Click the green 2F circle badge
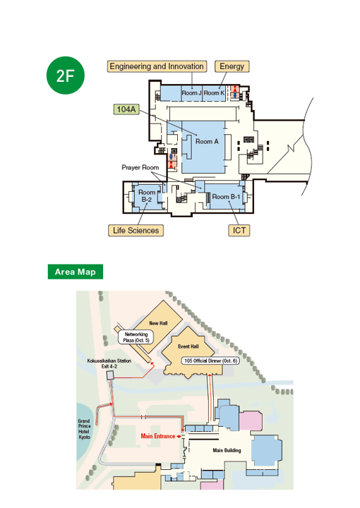pyautogui.click(x=66, y=75)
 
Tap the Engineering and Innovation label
pyautogui.click(x=157, y=66)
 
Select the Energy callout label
pyautogui.click(x=232, y=66)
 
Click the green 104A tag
pyautogui.click(x=126, y=109)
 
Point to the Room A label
pyautogui.click(x=207, y=142)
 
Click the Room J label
pyautogui.click(x=191, y=93)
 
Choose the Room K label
pyautogui.click(x=214, y=93)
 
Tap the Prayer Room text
pyautogui.click(x=140, y=167)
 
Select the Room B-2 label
pyautogui.click(x=147, y=196)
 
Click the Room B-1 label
pyautogui.click(x=226, y=197)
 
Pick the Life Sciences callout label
pyautogui.click(x=136, y=230)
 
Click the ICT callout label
pyautogui.click(x=239, y=230)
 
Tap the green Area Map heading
pyautogui.click(x=75, y=272)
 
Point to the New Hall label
pyautogui.click(x=158, y=323)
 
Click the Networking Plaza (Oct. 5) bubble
pyautogui.click(x=136, y=337)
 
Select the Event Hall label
pyautogui.click(x=188, y=346)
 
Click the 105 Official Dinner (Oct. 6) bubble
pyautogui.click(x=210, y=361)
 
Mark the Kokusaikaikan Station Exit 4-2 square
pyautogui.click(x=111, y=375)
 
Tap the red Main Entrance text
pyautogui.click(x=158, y=436)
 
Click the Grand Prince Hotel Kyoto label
pyautogui.click(x=84, y=429)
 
